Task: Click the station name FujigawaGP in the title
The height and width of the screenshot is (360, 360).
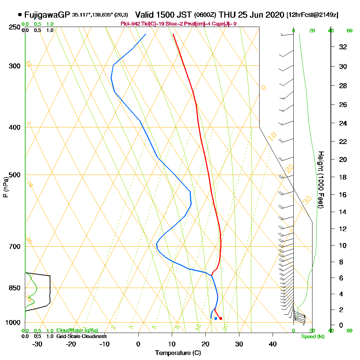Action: click(x=47, y=15)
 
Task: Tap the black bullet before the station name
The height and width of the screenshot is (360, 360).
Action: click(x=19, y=15)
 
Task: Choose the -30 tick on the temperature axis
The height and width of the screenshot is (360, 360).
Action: click(x=37, y=344)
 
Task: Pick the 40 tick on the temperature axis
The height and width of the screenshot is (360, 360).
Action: click(x=273, y=344)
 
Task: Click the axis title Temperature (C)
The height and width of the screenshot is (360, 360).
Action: click(x=178, y=353)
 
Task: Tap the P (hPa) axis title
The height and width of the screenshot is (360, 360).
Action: click(x=5, y=187)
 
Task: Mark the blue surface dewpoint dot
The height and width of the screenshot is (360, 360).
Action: click(x=216, y=318)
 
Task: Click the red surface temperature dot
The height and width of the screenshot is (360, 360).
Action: click(x=221, y=318)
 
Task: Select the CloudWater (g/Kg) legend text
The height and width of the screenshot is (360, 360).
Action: click(x=77, y=330)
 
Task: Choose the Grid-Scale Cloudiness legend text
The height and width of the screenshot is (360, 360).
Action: click(x=81, y=336)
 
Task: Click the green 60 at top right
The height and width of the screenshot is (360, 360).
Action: click(x=349, y=31)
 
